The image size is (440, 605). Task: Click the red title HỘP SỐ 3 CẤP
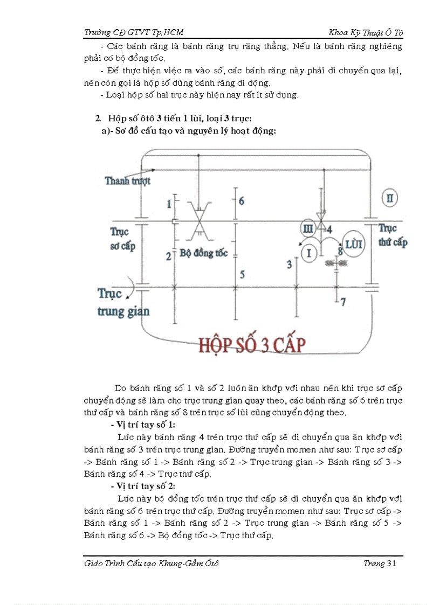pyautogui.click(x=252, y=345)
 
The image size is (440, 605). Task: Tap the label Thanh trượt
pyautogui.click(x=128, y=181)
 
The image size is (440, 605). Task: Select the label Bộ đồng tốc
pyautogui.click(x=204, y=253)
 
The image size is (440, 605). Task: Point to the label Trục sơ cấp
pyautogui.click(x=122, y=239)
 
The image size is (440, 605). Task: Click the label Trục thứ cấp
pyautogui.click(x=392, y=235)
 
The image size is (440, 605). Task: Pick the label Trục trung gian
pyautogui.click(x=123, y=302)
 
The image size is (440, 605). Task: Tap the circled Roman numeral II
pyautogui.click(x=389, y=198)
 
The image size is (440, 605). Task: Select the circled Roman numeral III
pyautogui.click(x=308, y=229)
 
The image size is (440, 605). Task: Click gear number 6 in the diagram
pyautogui.click(x=242, y=201)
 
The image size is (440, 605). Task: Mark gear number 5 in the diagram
pyautogui.click(x=243, y=274)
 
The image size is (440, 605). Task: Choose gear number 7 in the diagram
pyautogui.click(x=343, y=302)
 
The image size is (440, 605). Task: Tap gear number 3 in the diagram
pyautogui.click(x=289, y=264)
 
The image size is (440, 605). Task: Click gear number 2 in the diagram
pyautogui.click(x=168, y=256)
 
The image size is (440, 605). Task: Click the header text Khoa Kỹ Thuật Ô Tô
pyautogui.click(x=366, y=32)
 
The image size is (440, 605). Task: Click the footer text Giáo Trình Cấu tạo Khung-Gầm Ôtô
pyautogui.click(x=152, y=564)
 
